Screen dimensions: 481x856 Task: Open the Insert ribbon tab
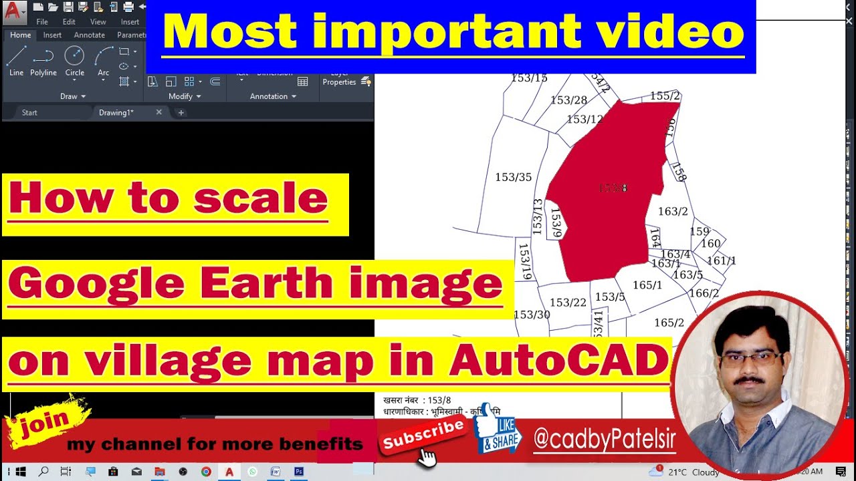tap(52, 35)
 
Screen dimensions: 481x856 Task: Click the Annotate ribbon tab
tap(89, 35)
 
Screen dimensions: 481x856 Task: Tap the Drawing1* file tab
tap(116, 112)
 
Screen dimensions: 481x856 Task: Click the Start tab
tap(29, 112)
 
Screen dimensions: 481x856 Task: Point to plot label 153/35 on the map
tap(514, 177)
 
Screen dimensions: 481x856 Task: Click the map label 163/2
tap(673, 212)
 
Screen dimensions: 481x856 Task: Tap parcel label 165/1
tap(647, 285)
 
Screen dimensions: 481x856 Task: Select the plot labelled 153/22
tap(568, 303)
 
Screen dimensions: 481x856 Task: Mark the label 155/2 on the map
tap(665, 96)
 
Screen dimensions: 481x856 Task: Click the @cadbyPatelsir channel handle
tap(605, 440)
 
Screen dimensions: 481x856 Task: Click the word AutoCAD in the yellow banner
tap(559, 361)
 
